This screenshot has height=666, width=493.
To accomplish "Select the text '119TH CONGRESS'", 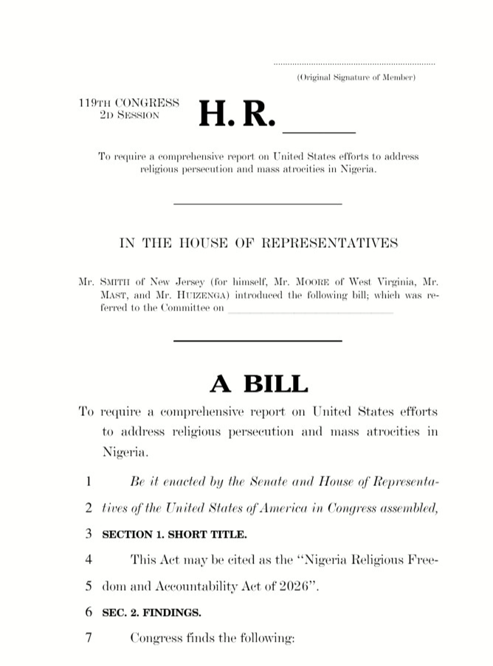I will tap(128, 102).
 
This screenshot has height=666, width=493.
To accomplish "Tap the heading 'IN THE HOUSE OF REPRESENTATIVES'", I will tap(258, 243).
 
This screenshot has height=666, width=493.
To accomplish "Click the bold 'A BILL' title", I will tap(258, 383).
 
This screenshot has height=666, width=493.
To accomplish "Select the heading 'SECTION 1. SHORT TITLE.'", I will tap(174, 534).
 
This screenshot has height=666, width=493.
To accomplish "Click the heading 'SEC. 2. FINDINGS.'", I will tap(151, 612).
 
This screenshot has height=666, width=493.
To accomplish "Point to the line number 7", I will tap(88, 637).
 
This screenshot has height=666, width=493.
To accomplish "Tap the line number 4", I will tap(88, 559).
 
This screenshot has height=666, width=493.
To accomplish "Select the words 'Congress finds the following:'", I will tap(212, 637).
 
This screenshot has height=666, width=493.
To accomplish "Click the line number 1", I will tap(88, 482).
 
